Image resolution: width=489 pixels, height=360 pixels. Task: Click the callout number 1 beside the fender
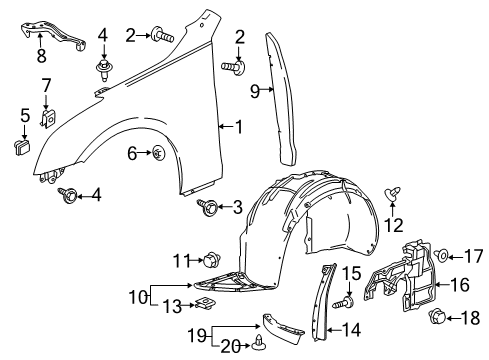coord(237,127)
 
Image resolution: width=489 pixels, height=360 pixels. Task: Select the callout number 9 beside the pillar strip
coord(255,92)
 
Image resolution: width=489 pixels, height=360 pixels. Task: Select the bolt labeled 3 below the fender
coord(211,207)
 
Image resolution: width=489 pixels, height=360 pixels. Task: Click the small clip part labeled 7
coord(46,119)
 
